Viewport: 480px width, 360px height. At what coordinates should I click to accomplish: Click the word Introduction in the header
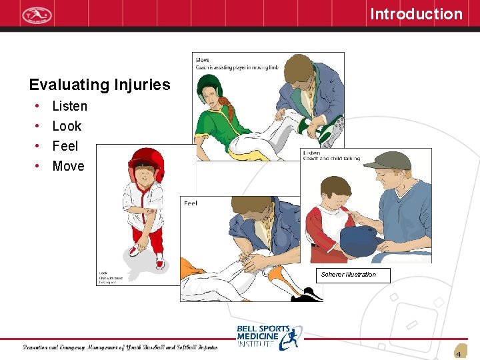(x=416, y=14)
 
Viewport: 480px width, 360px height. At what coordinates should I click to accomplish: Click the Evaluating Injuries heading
(x=99, y=85)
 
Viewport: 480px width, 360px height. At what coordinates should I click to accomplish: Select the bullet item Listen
(x=69, y=106)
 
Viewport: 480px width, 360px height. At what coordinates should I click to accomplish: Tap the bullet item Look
(x=67, y=126)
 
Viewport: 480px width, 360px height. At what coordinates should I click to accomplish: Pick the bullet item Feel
(x=65, y=146)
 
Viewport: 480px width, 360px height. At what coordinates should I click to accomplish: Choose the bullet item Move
(x=68, y=166)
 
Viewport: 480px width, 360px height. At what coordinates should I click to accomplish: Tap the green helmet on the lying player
(x=209, y=85)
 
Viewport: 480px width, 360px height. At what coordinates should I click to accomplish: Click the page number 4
(x=459, y=354)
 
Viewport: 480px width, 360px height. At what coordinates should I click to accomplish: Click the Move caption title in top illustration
(x=202, y=60)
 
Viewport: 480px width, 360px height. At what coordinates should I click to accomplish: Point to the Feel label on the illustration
(x=191, y=203)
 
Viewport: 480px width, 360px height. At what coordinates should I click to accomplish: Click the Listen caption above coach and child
(x=311, y=153)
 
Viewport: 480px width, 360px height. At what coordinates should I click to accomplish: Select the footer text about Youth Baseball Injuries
(x=120, y=347)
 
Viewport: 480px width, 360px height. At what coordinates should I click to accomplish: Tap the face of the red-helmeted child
(x=143, y=175)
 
